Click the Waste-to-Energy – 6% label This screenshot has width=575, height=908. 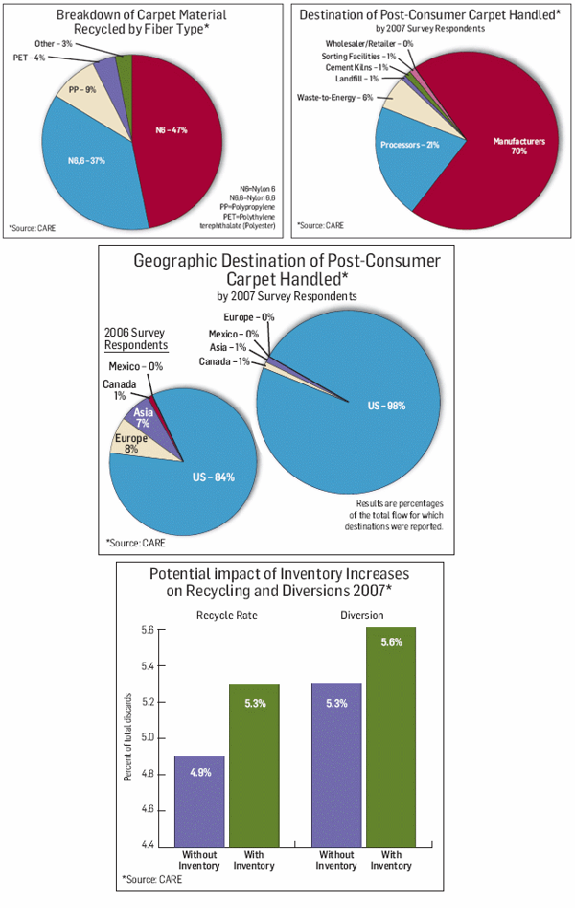click(x=335, y=97)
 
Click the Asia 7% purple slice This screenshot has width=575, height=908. click(x=142, y=419)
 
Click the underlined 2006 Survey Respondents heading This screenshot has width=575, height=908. click(x=135, y=338)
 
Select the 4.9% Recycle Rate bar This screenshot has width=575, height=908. click(x=200, y=800)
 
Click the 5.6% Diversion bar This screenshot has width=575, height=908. click(x=391, y=737)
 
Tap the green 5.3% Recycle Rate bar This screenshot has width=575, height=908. click(x=254, y=764)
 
